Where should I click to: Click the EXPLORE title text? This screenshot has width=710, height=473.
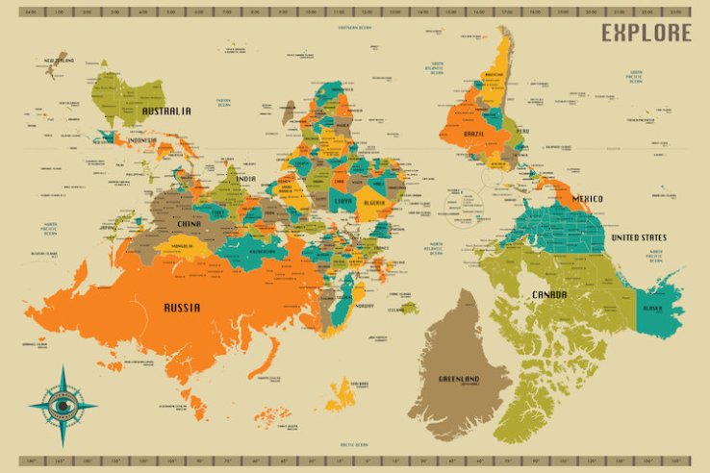647,33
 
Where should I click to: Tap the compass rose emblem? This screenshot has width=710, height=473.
63,406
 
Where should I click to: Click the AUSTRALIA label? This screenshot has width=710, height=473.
166,111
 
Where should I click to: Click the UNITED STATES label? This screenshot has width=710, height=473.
639,237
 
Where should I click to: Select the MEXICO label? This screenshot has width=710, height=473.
587,199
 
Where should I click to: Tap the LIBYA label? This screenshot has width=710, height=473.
342,202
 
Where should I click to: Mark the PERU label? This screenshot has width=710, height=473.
522,130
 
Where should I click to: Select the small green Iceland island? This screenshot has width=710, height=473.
410,309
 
